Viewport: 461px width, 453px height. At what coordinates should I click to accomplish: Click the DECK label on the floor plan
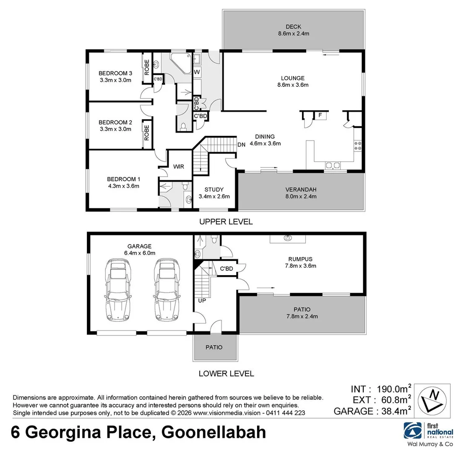[294, 27]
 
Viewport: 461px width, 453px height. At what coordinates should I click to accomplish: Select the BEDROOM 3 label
[115, 73]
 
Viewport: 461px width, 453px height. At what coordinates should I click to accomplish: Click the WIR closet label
[179, 167]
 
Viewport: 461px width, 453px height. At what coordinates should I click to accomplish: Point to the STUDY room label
[214, 189]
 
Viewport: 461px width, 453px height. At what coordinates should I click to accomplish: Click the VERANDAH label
[300, 189]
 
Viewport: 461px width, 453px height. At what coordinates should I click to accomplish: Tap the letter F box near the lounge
[320, 115]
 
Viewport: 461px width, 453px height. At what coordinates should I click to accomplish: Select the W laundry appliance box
[196, 72]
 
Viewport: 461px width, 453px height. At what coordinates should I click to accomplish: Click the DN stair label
[241, 145]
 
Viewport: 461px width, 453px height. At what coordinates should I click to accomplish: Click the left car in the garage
[119, 289]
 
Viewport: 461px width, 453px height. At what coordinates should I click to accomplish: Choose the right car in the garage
[168, 289]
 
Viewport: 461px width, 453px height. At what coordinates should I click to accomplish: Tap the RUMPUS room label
[300, 259]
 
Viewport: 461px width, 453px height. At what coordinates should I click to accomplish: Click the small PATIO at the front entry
[214, 347]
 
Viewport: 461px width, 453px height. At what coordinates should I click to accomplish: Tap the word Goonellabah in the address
[214, 432]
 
